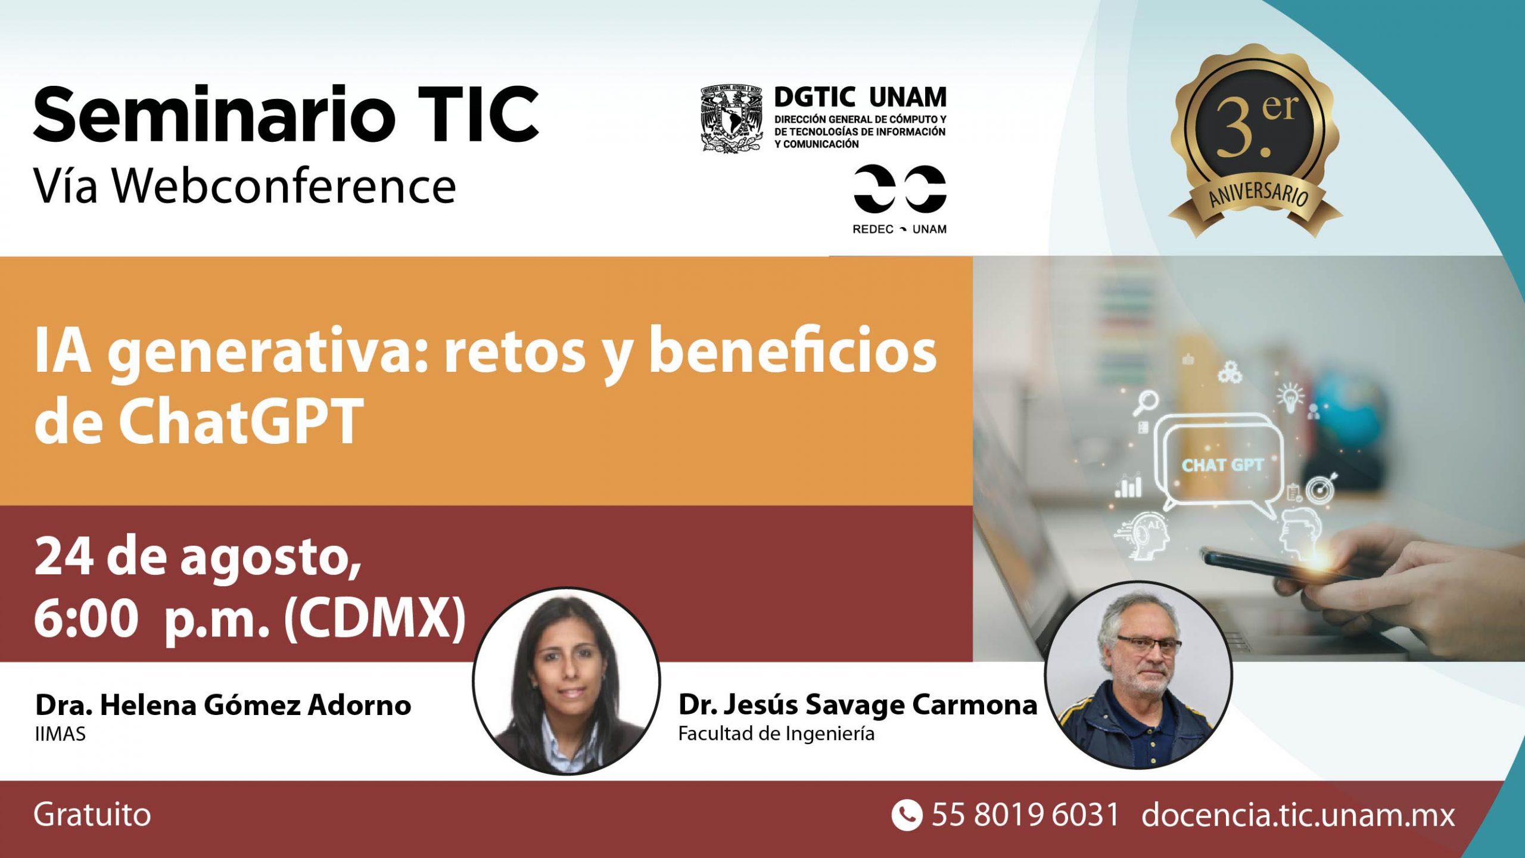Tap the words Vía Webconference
pyautogui.click(x=245, y=186)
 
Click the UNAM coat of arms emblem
pyautogui.click(x=732, y=119)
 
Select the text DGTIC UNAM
pyautogui.click(x=860, y=97)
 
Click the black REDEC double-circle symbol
pyautogui.click(x=900, y=189)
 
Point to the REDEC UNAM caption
pyautogui.click(x=900, y=229)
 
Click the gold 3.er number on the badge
pyautogui.click(x=1256, y=127)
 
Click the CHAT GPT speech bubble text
pyautogui.click(x=1222, y=465)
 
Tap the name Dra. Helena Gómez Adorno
pyautogui.click(x=223, y=705)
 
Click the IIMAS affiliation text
pyautogui.click(x=60, y=734)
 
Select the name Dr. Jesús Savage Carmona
pyautogui.click(x=858, y=705)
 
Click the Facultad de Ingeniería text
pyautogui.click(x=776, y=734)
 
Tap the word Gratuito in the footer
pyautogui.click(x=92, y=815)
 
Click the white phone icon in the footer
pyautogui.click(x=907, y=815)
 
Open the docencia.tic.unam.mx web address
pyautogui.click(x=1298, y=815)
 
